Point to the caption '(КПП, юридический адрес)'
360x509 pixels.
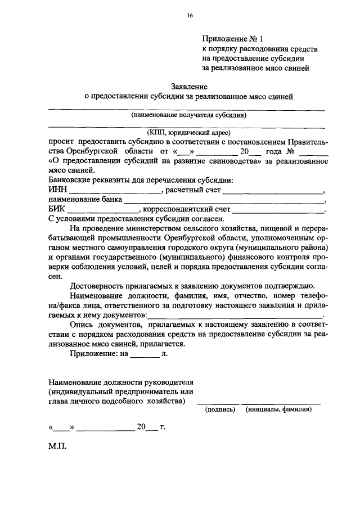[x=189, y=133]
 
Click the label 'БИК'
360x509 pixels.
[x=57, y=209]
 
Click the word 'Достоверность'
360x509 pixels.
[x=97, y=286]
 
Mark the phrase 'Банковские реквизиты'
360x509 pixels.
[x=85, y=180]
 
